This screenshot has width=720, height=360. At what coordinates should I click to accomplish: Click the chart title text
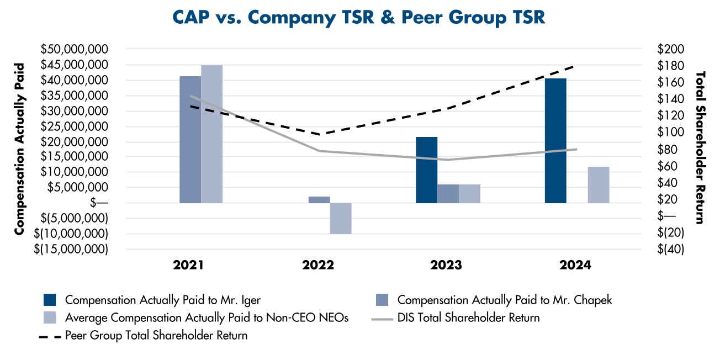pos(359,17)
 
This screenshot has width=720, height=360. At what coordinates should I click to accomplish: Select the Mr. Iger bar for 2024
pos(555,141)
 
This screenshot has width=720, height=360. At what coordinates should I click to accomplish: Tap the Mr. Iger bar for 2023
pos(426,170)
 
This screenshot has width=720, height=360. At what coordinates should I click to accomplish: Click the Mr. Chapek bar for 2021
pos(190,140)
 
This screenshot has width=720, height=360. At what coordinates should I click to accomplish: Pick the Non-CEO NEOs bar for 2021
pos(211,134)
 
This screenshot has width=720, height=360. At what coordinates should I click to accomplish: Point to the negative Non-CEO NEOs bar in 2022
pos(341,219)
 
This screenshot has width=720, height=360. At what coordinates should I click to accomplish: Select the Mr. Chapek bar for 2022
pos(319,200)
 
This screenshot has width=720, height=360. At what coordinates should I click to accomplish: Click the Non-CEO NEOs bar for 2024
pos(599,185)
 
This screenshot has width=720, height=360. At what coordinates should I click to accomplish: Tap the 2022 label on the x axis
pos(318,266)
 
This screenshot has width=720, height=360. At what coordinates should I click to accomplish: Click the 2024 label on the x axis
pos(575,266)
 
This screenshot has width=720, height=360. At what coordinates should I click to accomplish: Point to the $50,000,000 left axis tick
pos(75,49)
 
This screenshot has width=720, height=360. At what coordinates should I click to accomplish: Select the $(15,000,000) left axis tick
pos(71,250)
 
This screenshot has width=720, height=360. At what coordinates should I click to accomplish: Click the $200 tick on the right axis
pos(671,49)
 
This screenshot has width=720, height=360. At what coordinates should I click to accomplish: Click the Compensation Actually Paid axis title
pos(20,149)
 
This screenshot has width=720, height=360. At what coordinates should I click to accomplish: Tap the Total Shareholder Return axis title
pos(700,147)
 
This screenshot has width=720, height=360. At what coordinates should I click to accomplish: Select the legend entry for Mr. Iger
pos(162,300)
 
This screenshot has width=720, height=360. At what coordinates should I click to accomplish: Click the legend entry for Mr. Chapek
pos(504,300)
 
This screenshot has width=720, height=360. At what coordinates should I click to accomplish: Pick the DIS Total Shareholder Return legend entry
pos(468,318)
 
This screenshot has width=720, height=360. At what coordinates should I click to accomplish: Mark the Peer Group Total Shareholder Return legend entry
pos(156,335)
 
